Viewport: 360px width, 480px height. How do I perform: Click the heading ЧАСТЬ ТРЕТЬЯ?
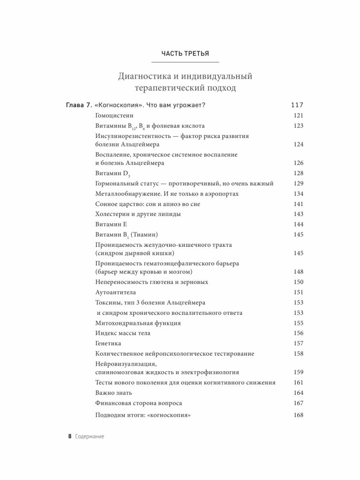[x=185, y=53]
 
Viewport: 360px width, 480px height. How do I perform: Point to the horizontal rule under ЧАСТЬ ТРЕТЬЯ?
[x=185, y=62]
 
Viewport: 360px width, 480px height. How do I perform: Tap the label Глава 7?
[x=78, y=105]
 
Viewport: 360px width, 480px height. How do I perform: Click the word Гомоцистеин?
[x=114, y=116]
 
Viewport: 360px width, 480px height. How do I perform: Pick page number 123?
[x=298, y=126]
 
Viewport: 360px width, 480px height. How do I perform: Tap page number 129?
[x=298, y=184]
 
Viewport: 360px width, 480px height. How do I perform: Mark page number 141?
[x=298, y=204]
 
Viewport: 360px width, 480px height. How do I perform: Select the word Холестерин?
[x=112, y=214]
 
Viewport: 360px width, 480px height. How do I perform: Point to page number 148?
[x=298, y=272]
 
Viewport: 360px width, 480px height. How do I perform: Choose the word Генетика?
[x=108, y=343]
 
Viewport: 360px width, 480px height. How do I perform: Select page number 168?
[x=298, y=415]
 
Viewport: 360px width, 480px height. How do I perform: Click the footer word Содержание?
[x=90, y=436]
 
